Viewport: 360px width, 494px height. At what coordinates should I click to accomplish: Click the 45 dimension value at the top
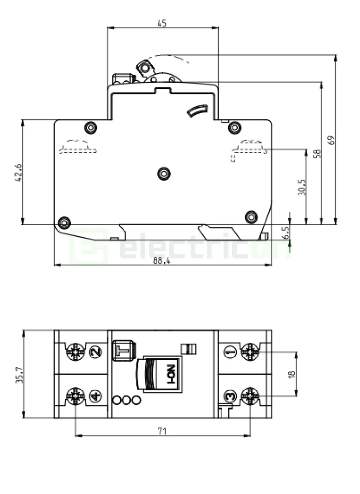click(162, 23)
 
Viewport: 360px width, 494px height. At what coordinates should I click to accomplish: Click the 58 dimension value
click(317, 154)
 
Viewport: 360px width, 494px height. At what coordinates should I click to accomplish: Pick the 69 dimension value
click(331, 140)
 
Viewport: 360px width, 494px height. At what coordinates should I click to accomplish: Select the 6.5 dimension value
click(286, 232)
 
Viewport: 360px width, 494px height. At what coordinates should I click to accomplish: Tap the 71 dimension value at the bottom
click(161, 431)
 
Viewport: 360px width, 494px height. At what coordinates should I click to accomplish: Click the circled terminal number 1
click(230, 352)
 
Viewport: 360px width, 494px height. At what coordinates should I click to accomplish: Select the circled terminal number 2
click(96, 352)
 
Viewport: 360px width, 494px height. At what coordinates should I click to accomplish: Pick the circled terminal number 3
click(230, 396)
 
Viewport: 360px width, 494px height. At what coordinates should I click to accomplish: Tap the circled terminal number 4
click(96, 396)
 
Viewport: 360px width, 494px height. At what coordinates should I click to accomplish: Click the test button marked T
click(123, 350)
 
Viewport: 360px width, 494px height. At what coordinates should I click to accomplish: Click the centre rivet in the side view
click(163, 173)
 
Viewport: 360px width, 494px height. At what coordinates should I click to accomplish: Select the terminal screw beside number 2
click(75, 352)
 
